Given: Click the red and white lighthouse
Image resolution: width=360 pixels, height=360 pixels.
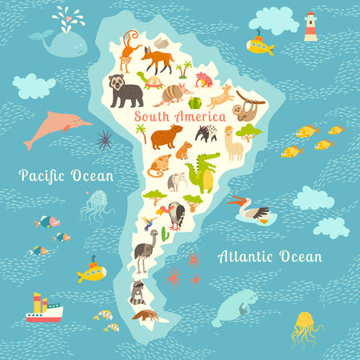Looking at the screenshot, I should click(310, 26).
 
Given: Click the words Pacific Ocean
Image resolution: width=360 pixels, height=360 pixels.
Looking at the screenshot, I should click(67, 175).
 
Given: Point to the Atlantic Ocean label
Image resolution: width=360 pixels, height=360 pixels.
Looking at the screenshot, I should click(270, 256).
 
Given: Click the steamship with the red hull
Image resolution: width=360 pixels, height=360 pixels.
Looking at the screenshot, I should click(44, 309).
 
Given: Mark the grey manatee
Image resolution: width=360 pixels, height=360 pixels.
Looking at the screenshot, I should click(238, 302).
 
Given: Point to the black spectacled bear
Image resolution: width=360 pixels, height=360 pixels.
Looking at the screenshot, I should click(126, 90).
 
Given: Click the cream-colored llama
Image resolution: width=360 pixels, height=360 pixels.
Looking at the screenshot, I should click(233, 142).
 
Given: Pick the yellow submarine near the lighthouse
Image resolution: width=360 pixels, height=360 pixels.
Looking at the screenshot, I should click(261, 44).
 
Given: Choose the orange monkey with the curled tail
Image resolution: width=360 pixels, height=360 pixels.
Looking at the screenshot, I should click(130, 50).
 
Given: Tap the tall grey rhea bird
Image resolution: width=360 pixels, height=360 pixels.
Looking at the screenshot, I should click(145, 249).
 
